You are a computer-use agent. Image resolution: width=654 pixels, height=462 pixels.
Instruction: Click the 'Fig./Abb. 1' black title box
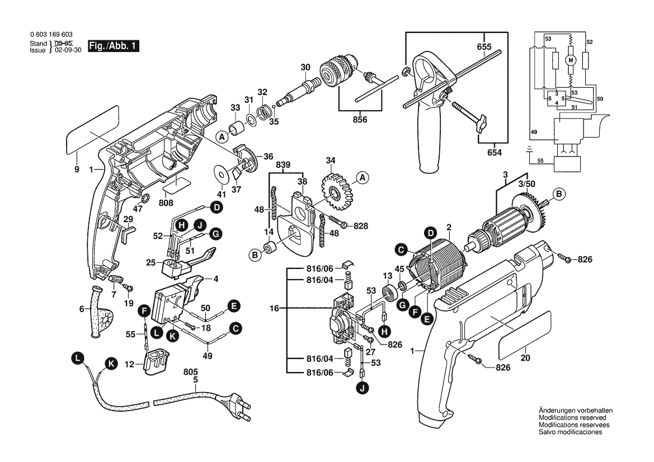click(x=113, y=46)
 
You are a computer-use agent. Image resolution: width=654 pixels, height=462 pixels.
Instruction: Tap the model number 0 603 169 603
click(x=51, y=35)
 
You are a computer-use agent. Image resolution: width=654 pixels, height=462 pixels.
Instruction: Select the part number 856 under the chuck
click(x=360, y=119)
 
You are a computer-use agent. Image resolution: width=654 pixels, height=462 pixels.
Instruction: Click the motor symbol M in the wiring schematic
click(x=571, y=59)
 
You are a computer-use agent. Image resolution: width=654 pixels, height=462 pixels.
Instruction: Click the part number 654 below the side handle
click(x=494, y=153)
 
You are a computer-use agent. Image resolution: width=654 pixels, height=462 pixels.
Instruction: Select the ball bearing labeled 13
click(x=387, y=293)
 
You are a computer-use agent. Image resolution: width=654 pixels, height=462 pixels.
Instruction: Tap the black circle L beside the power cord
click(x=78, y=358)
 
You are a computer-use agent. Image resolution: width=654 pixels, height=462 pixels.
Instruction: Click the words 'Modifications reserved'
click(x=572, y=418)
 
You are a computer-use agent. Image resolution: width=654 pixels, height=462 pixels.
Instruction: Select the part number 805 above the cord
click(x=191, y=371)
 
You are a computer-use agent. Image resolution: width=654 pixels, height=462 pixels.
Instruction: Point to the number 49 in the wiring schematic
click(x=534, y=132)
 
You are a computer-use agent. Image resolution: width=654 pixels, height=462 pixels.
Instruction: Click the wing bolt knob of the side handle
click(x=479, y=125)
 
